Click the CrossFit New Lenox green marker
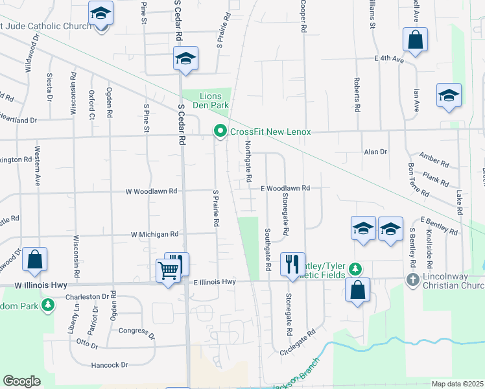point(220,132)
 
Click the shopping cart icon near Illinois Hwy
point(169,269)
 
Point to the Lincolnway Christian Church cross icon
point(412,279)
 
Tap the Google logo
point(21,381)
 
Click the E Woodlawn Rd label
point(285,188)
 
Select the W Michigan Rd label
point(154,234)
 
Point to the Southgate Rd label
point(267,250)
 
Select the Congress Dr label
point(137,333)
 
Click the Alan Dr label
point(375,152)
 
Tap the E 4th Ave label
point(389,59)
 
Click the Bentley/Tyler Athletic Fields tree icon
point(355,268)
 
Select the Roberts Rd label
point(357,96)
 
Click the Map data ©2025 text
point(456,384)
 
